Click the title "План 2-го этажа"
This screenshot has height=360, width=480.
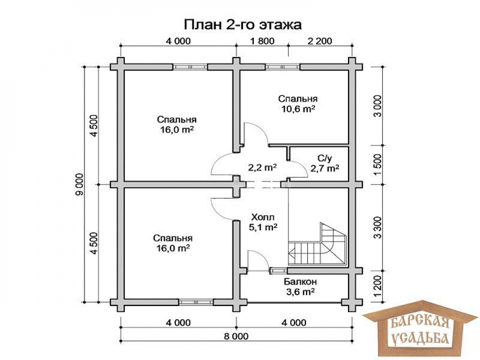pos(242,25)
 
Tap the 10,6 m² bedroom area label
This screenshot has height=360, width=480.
pos(299,109)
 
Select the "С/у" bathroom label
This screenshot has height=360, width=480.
pos(325,158)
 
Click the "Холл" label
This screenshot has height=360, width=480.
pos(263,217)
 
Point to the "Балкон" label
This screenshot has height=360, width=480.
pos(300,281)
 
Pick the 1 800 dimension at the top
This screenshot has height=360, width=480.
pos(262,41)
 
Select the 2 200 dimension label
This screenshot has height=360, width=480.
pos(320,41)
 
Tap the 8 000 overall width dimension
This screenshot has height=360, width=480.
pos(236,336)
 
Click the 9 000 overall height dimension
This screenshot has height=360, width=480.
pos(80,184)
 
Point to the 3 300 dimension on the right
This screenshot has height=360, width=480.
pos(378,228)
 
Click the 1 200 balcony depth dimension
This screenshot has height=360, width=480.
pos(378,286)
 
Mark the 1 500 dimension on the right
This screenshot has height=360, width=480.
pos(378,165)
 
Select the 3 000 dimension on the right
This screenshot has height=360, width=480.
pos(378,106)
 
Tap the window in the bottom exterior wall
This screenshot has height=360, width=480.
pos(196,302)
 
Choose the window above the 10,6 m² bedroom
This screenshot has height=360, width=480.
pos(283,67)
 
